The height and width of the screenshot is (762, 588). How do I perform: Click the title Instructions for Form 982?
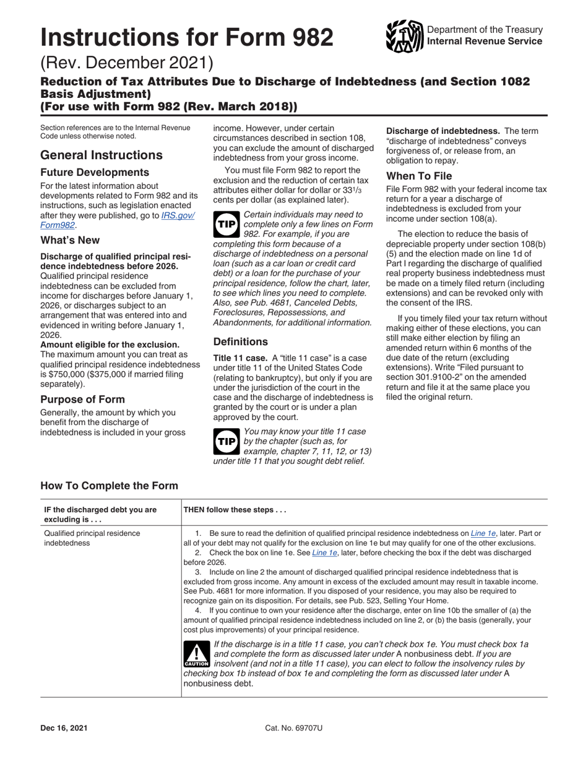[x=187, y=38]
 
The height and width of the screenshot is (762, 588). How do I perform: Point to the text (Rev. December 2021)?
[x=127, y=63]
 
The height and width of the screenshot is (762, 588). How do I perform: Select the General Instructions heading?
[x=102, y=155]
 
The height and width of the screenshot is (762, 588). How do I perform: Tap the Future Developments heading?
[x=95, y=172]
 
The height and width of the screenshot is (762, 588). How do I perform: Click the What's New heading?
[x=70, y=240]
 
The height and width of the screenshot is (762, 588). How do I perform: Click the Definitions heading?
[x=240, y=341]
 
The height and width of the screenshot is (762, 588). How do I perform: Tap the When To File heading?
[x=419, y=175]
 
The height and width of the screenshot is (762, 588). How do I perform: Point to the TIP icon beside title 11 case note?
[x=226, y=440]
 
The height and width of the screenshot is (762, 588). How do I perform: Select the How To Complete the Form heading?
[x=109, y=485]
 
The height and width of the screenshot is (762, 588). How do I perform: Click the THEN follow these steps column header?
[x=233, y=510]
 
